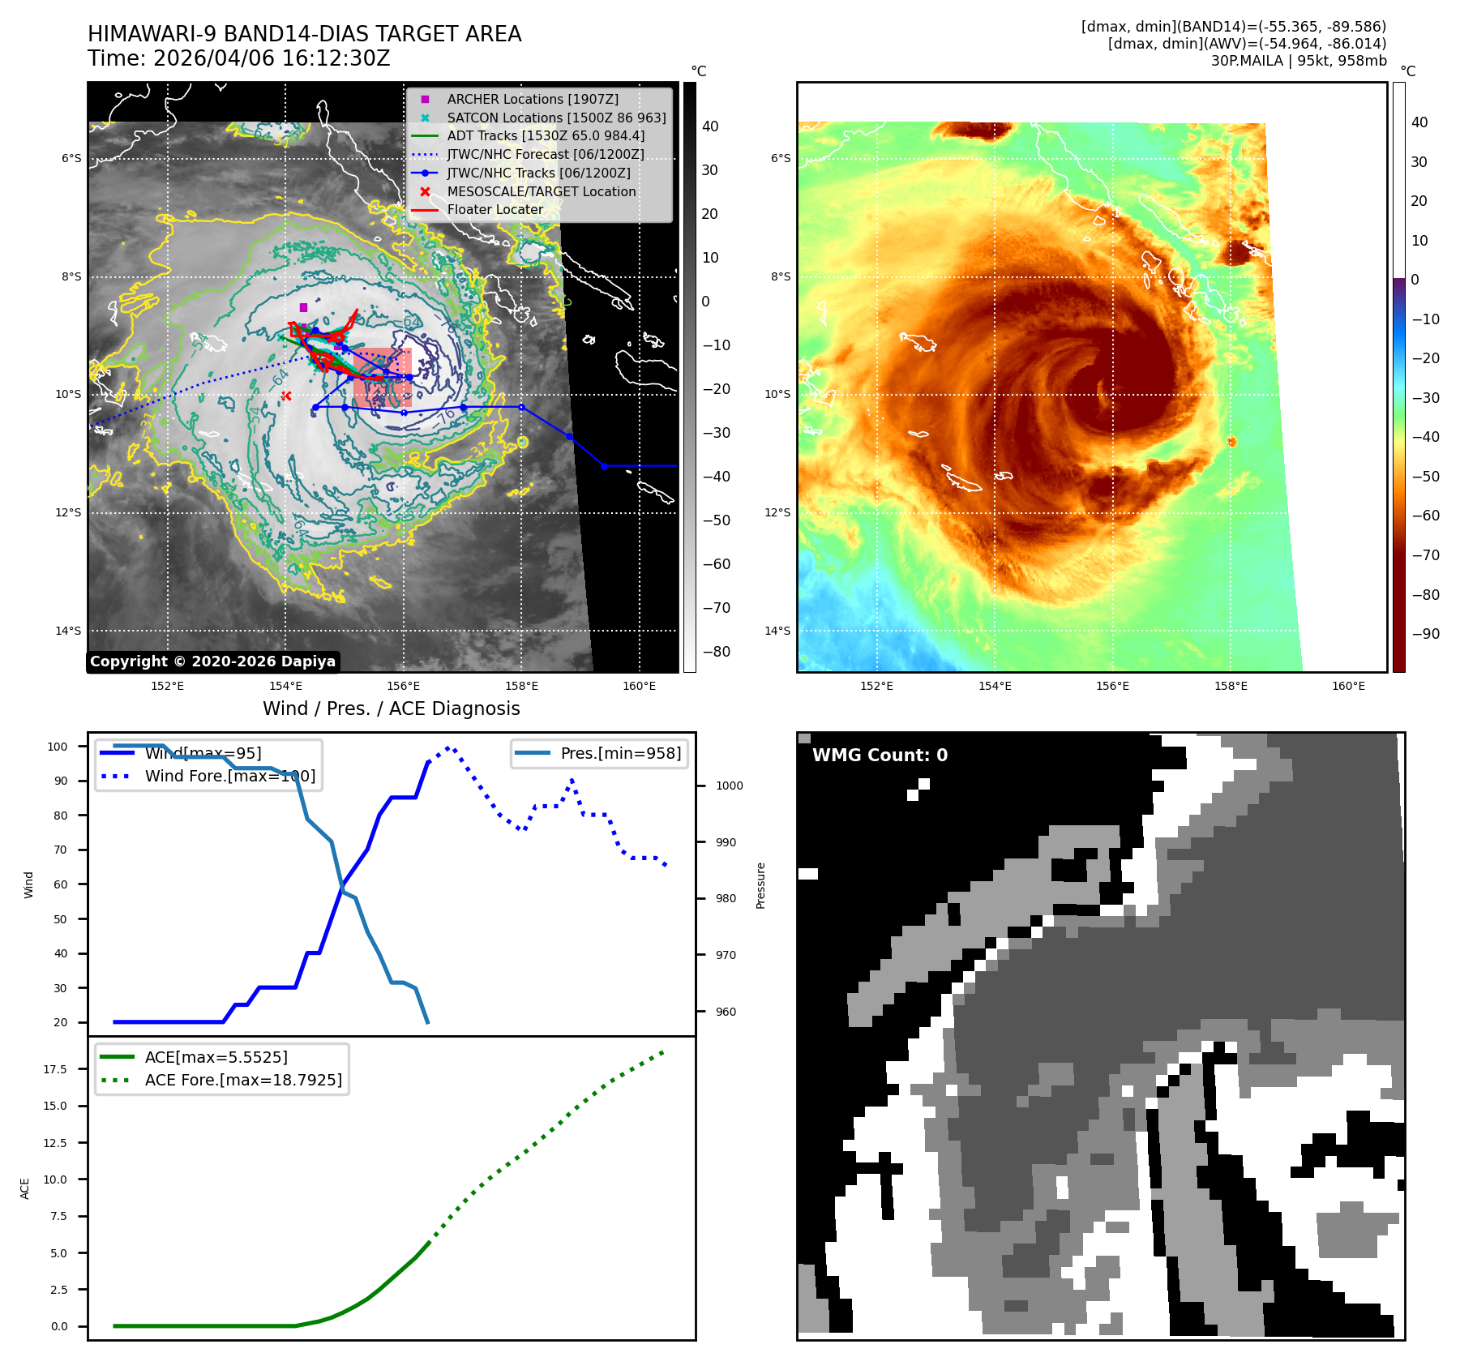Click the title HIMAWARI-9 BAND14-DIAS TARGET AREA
pos(304,34)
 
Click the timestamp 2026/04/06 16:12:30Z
pos(272,58)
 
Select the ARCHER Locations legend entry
pos(532,99)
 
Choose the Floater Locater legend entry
pos(495,209)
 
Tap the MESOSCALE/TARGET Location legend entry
pos(541,191)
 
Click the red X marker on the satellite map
pos(286,396)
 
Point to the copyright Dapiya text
pos(212,661)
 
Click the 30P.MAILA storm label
pos(1247,61)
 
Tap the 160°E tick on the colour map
pos(1348,686)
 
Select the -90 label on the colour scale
pos(1425,634)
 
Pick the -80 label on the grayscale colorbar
pos(716,652)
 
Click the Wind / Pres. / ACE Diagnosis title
pos(391,709)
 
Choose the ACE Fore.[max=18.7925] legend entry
pos(242,1080)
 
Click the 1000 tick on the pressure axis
pos(729,786)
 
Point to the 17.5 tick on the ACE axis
pos(55,1069)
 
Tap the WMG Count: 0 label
pos(880,756)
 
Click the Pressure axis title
pos(760,885)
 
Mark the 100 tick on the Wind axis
pos(58,747)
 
